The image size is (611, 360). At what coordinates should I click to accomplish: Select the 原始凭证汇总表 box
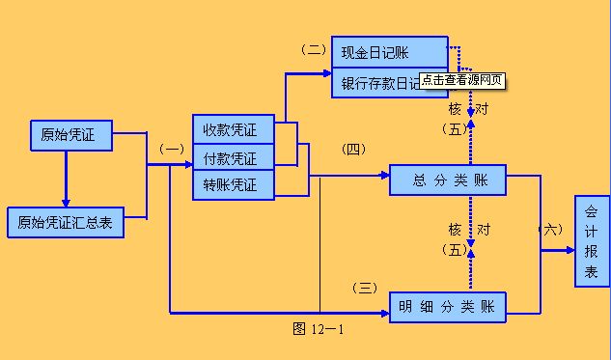tap(65, 222)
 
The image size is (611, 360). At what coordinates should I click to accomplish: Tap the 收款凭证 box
tap(232, 129)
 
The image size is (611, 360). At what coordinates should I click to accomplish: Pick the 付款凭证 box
tap(232, 156)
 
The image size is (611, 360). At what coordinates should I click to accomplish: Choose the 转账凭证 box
tap(232, 183)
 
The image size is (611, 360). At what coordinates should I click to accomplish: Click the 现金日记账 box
tap(389, 52)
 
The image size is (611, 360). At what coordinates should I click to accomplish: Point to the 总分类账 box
tap(448, 180)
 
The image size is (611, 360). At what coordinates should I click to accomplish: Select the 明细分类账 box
tap(448, 308)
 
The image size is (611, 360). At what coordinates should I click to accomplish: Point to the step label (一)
tap(170, 150)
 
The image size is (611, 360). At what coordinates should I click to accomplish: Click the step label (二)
tap(314, 48)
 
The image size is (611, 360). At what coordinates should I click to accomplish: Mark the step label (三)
tap(365, 287)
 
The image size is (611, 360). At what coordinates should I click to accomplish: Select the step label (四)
tap(354, 149)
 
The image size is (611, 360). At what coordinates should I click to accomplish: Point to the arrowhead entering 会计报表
tap(569, 250)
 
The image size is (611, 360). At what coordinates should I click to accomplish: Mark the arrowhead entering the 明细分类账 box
tap(383, 313)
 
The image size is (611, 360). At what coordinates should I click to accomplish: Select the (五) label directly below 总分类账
tap(455, 250)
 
